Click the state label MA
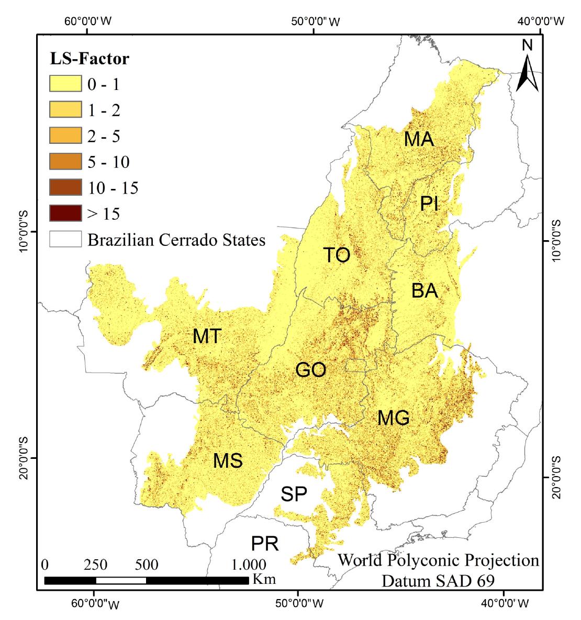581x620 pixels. [x=419, y=139]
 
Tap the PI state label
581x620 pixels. [x=429, y=204]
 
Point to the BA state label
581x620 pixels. [x=424, y=290]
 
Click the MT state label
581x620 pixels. [x=207, y=336]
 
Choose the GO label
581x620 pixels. [x=311, y=370]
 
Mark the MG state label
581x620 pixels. [x=393, y=418]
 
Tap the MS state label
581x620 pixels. [x=228, y=461]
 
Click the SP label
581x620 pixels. [x=293, y=493]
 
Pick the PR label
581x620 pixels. [x=265, y=544]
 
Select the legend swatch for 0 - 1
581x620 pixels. [x=65, y=84]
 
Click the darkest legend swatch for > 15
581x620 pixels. [x=65, y=213]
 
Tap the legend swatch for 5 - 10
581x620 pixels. [x=65, y=162]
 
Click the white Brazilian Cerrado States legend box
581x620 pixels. [x=65, y=239]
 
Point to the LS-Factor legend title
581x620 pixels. [x=89, y=59]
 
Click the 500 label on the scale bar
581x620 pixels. [x=147, y=565]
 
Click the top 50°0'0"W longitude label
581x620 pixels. [x=314, y=21]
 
